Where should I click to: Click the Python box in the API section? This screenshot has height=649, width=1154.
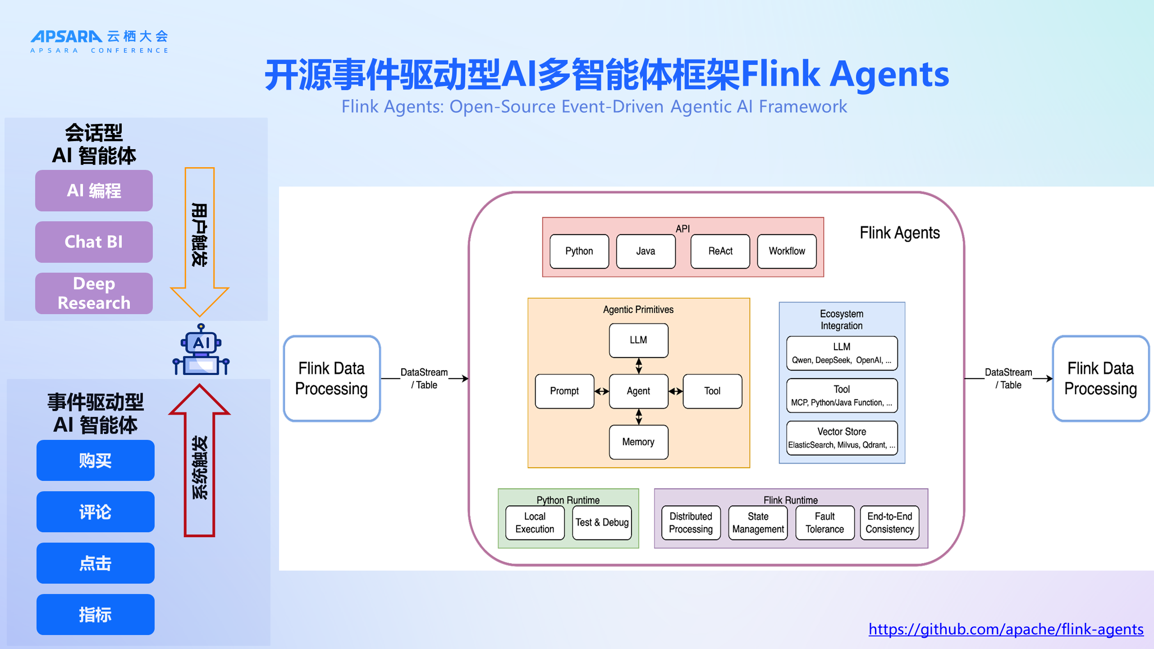click(x=579, y=251)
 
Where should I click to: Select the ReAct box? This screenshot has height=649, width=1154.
click(x=720, y=251)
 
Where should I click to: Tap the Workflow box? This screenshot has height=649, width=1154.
click(x=787, y=251)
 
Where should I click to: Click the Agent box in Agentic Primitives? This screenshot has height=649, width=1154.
click(x=638, y=391)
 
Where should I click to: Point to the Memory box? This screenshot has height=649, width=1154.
click(x=638, y=442)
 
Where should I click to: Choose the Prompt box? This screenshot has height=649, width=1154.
click(x=564, y=391)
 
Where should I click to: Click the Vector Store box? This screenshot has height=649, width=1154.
click(x=842, y=438)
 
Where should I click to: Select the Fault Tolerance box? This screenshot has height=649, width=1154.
click(x=824, y=523)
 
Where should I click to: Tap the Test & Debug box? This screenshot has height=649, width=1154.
click(x=602, y=523)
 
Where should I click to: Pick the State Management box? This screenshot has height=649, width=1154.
click(x=758, y=523)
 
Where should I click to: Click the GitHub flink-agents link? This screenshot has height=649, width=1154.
click(x=1006, y=629)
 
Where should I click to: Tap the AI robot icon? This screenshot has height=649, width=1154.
click(x=201, y=351)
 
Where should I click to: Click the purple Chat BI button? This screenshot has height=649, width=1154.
click(x=94, y=242)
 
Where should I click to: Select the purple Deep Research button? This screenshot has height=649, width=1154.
click(x=94, y=293)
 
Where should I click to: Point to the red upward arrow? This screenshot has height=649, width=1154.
click(x=200, y=460)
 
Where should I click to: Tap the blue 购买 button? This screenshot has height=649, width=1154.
click(x=95, y=461)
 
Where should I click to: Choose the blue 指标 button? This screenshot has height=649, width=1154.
click(x=95, y=615)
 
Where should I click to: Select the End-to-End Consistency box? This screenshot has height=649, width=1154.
click(x=889, y=523)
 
